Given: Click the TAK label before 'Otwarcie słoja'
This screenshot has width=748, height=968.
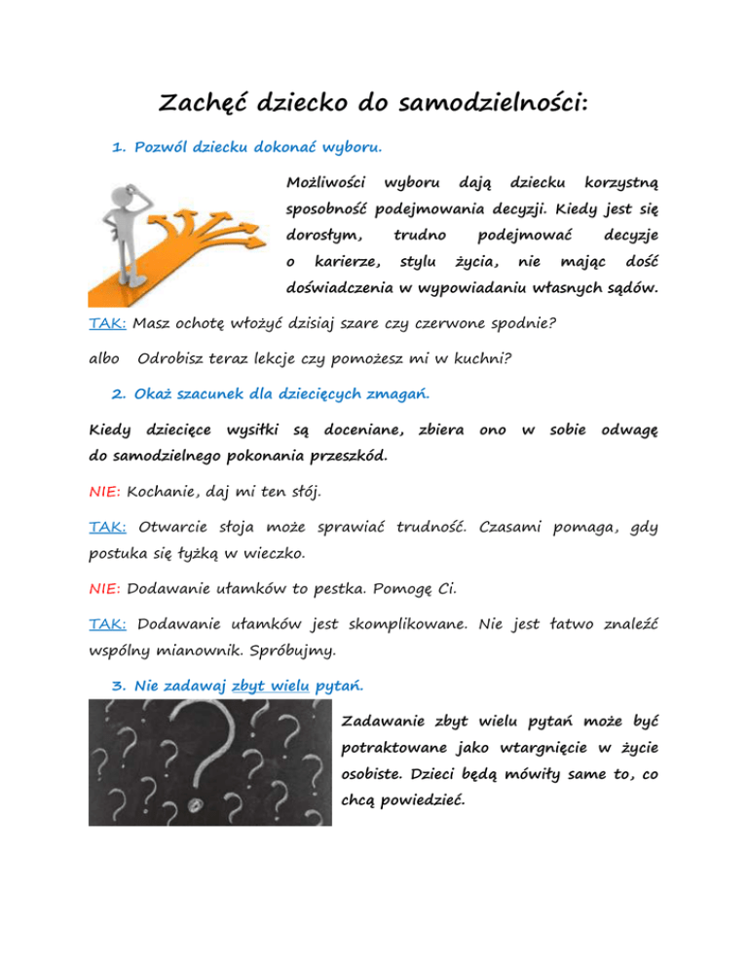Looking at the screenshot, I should click(108, 527).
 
